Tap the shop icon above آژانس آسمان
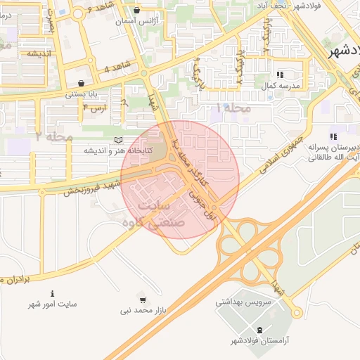tap(136, 11)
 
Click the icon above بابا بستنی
tap(81, 82)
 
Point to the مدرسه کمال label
tap(281, 85)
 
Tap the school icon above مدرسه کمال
tap(280, 74)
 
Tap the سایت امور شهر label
tap(53, 304)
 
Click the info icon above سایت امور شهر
tap(52, 293)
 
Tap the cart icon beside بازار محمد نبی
tap(143, 300)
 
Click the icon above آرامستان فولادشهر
tap(259, 330)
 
